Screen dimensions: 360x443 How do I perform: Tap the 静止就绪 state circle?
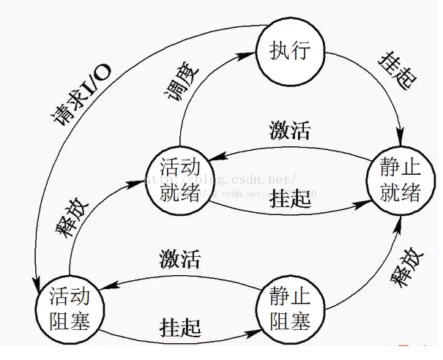tap(400, 179)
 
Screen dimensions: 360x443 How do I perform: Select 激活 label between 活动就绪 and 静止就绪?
tap(288, 132)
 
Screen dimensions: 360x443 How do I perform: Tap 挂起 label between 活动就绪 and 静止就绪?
tap(288, 198)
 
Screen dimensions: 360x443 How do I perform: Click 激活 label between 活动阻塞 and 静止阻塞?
tap(179, 258)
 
